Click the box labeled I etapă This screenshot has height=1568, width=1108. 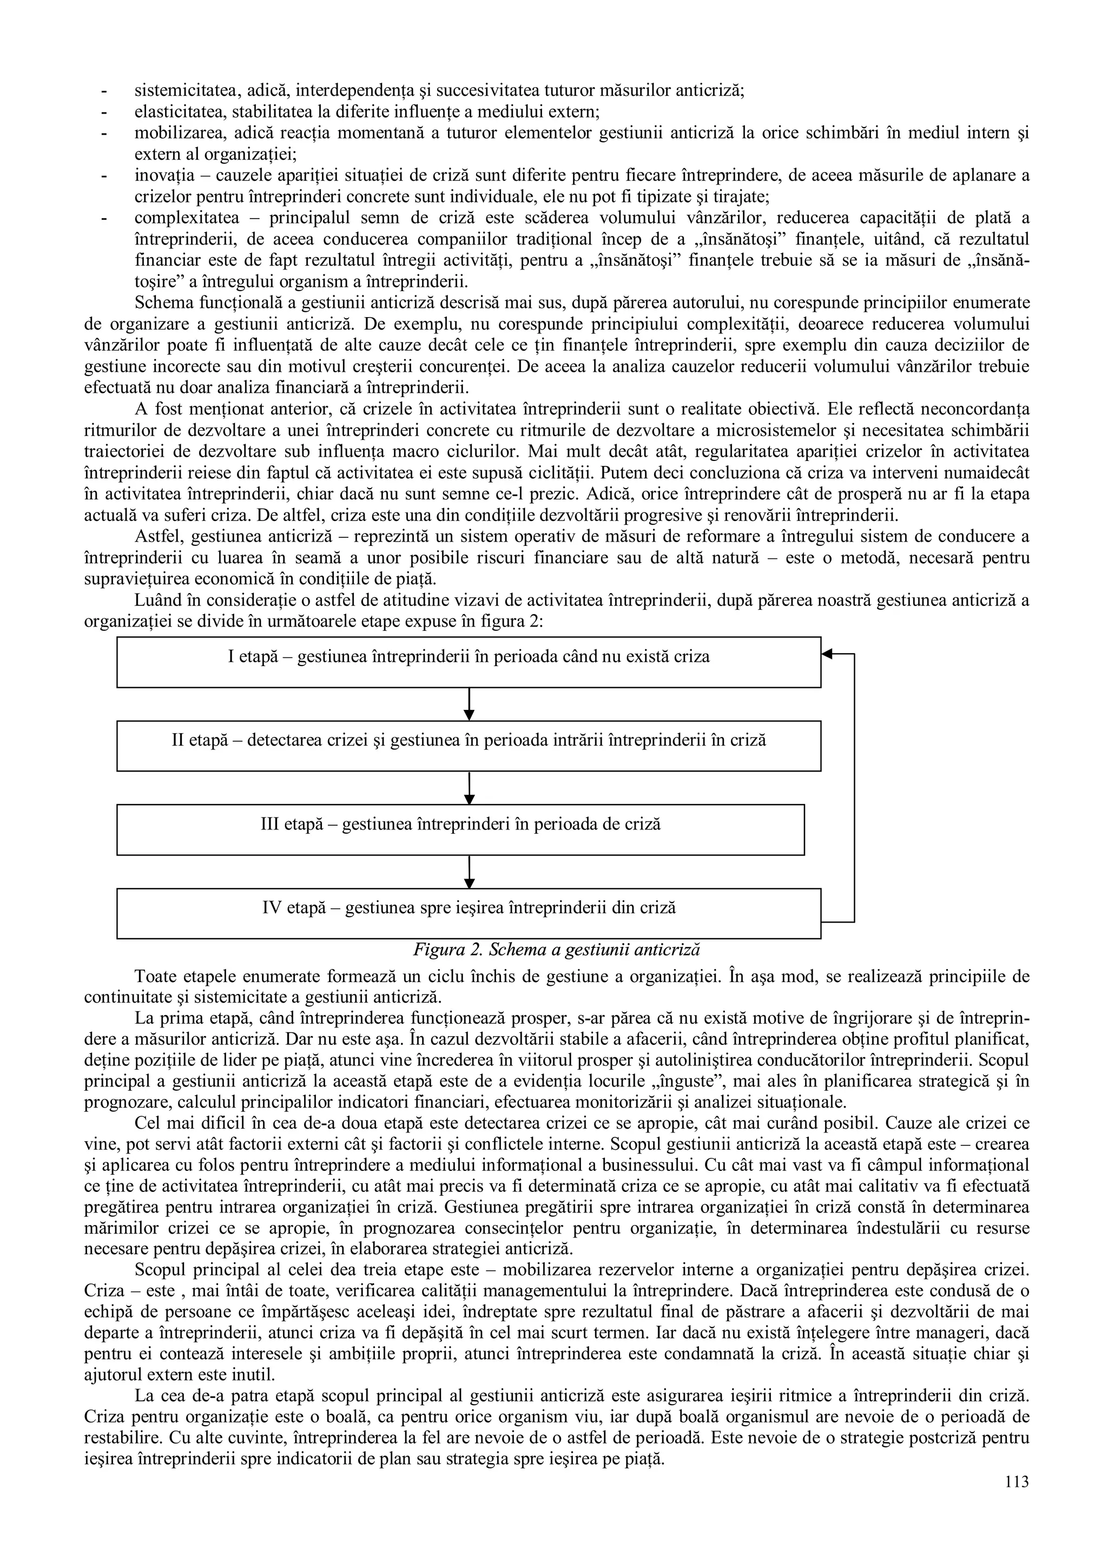click(x=469, y=662)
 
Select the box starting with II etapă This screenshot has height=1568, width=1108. click(x=469, y=746)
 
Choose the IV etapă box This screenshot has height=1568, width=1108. click(x=469, y=913)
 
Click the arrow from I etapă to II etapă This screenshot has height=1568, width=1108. click(x=469, y=703)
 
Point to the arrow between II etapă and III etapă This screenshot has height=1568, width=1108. click(x=469, y=787)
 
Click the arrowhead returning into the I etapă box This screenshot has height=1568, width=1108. click(x=827, y=654)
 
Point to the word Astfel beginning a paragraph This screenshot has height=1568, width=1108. click(x=154, y=537)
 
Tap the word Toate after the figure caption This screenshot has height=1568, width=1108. click(x=154, y=977)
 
